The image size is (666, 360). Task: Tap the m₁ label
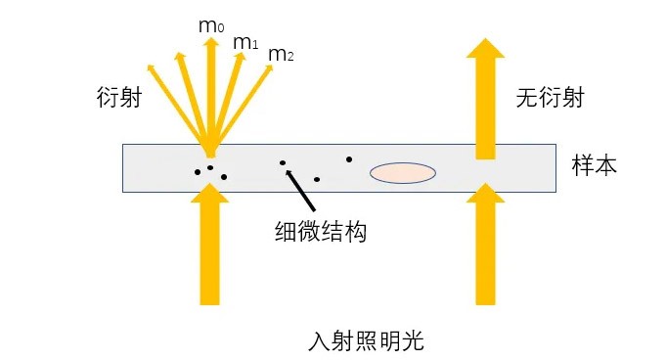[244, 43]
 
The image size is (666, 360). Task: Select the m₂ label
[281, 55]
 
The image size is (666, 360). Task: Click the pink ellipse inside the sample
[402, 173]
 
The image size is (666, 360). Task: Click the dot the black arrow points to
[283, 162]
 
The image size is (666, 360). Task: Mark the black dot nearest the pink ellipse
[348, 158]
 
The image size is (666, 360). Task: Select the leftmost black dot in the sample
[198, 173]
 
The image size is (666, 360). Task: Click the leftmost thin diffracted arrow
[171, 98]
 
